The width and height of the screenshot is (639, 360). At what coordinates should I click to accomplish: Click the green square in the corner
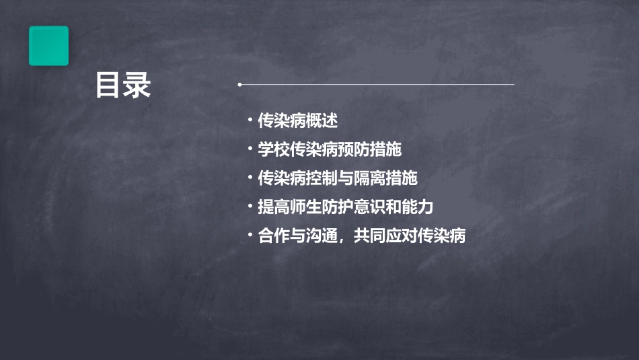click(x=48, y=46)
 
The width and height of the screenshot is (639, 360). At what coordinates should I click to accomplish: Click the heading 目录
click(x=122, y=86)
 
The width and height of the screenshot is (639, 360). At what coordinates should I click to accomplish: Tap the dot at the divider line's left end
click(x=239, y=85)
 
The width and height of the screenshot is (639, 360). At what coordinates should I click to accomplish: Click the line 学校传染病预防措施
click(x=330, y=149)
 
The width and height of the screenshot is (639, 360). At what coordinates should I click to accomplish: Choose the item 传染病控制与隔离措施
click(x=338, y=178)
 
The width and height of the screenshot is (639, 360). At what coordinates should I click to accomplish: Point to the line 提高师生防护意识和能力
click(x=346, y=207)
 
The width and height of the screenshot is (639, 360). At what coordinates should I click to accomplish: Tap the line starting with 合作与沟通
click(x=362, y=236)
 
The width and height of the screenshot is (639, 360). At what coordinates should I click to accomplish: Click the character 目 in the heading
click(x=108, y=86)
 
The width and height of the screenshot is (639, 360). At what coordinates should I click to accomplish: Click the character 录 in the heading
click(x=137, y=86)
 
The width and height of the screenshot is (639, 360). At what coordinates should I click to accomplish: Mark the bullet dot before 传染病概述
click(x=250, y=120)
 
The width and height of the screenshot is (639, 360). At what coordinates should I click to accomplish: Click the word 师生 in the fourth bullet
click(x=305, y=207)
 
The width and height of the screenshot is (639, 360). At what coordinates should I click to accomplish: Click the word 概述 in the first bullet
click(x=322, y=121)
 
